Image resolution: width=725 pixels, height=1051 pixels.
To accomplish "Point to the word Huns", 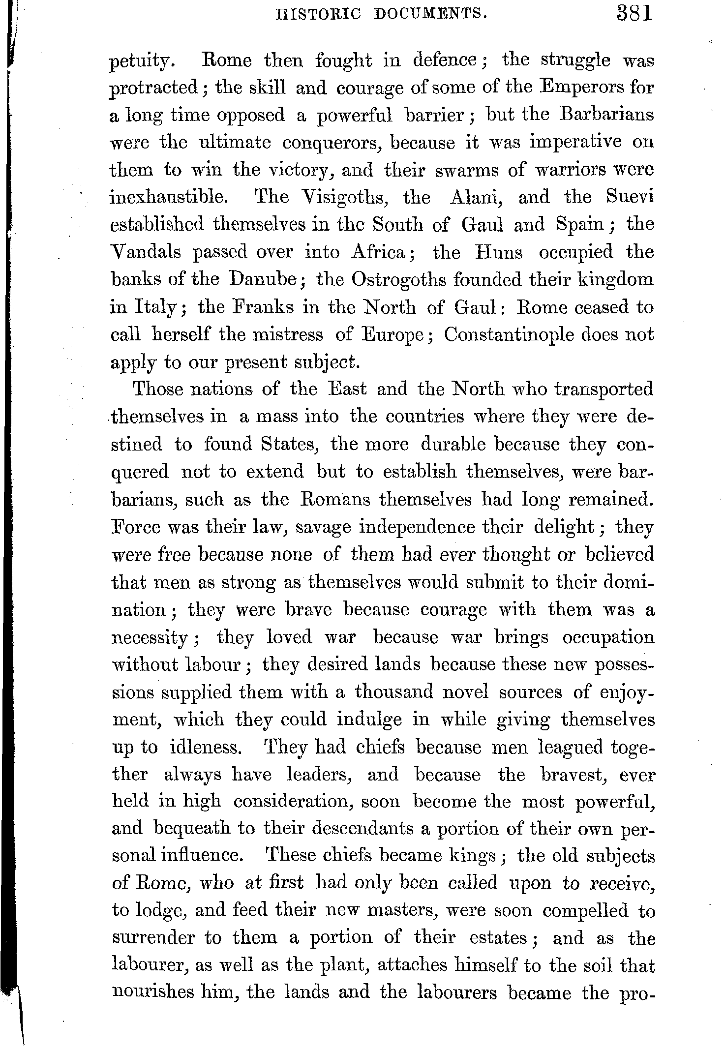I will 499,253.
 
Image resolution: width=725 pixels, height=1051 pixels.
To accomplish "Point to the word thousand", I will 393,692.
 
